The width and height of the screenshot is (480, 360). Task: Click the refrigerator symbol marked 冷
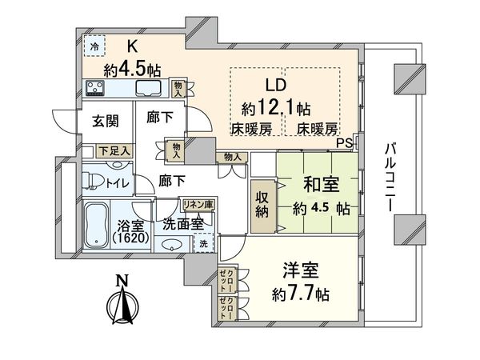point(94,47)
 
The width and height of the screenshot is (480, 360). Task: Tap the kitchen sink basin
point(147,88)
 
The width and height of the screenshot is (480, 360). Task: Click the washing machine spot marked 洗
point(203,243)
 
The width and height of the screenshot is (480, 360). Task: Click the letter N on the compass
point(121,280)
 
